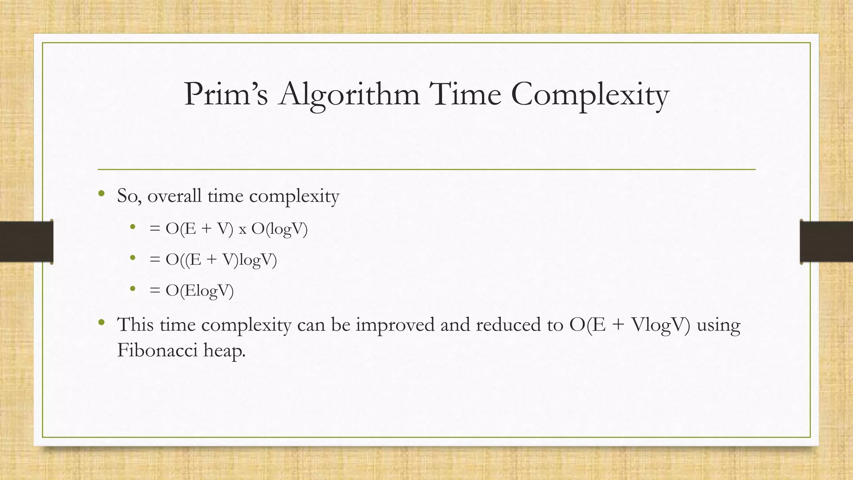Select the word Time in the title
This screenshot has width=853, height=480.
(466, 95)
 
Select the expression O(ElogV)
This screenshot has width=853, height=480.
(200, 290)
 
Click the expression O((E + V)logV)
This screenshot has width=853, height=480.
(221, 260)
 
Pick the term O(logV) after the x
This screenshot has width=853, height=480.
(279, 229)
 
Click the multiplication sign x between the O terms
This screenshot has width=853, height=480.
(242, 230)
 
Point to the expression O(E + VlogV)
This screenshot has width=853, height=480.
(629, 325)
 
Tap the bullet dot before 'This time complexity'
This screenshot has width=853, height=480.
(101, 322)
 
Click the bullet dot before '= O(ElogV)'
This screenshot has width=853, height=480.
(133, 288)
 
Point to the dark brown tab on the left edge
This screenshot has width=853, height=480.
(26, 242)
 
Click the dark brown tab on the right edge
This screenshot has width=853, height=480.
(826, 242)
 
